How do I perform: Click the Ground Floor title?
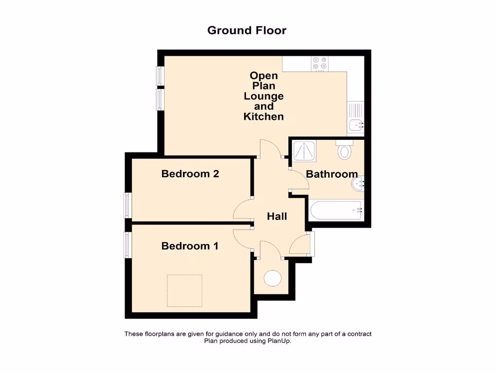coord(247,30)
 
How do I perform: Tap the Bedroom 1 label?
coord(190,246)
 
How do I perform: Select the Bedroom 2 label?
coord(190,173)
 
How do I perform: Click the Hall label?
coord(277,216)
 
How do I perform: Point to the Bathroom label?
coord(332,174)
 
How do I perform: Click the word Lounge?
coord(264,96)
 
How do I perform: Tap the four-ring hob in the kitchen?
coord(320,63)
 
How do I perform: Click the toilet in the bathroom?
coord(345,150)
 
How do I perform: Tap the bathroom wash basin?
coord(358,183)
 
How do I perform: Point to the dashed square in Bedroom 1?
coord(184,290)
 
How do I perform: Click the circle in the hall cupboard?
coord(272,278)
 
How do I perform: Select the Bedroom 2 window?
coord(128,205)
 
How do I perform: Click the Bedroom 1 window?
coord(128,245)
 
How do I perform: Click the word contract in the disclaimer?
coord(358,334)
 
